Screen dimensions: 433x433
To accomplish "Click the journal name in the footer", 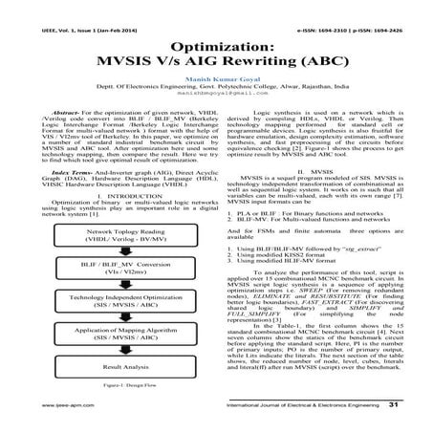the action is point(306,406).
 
